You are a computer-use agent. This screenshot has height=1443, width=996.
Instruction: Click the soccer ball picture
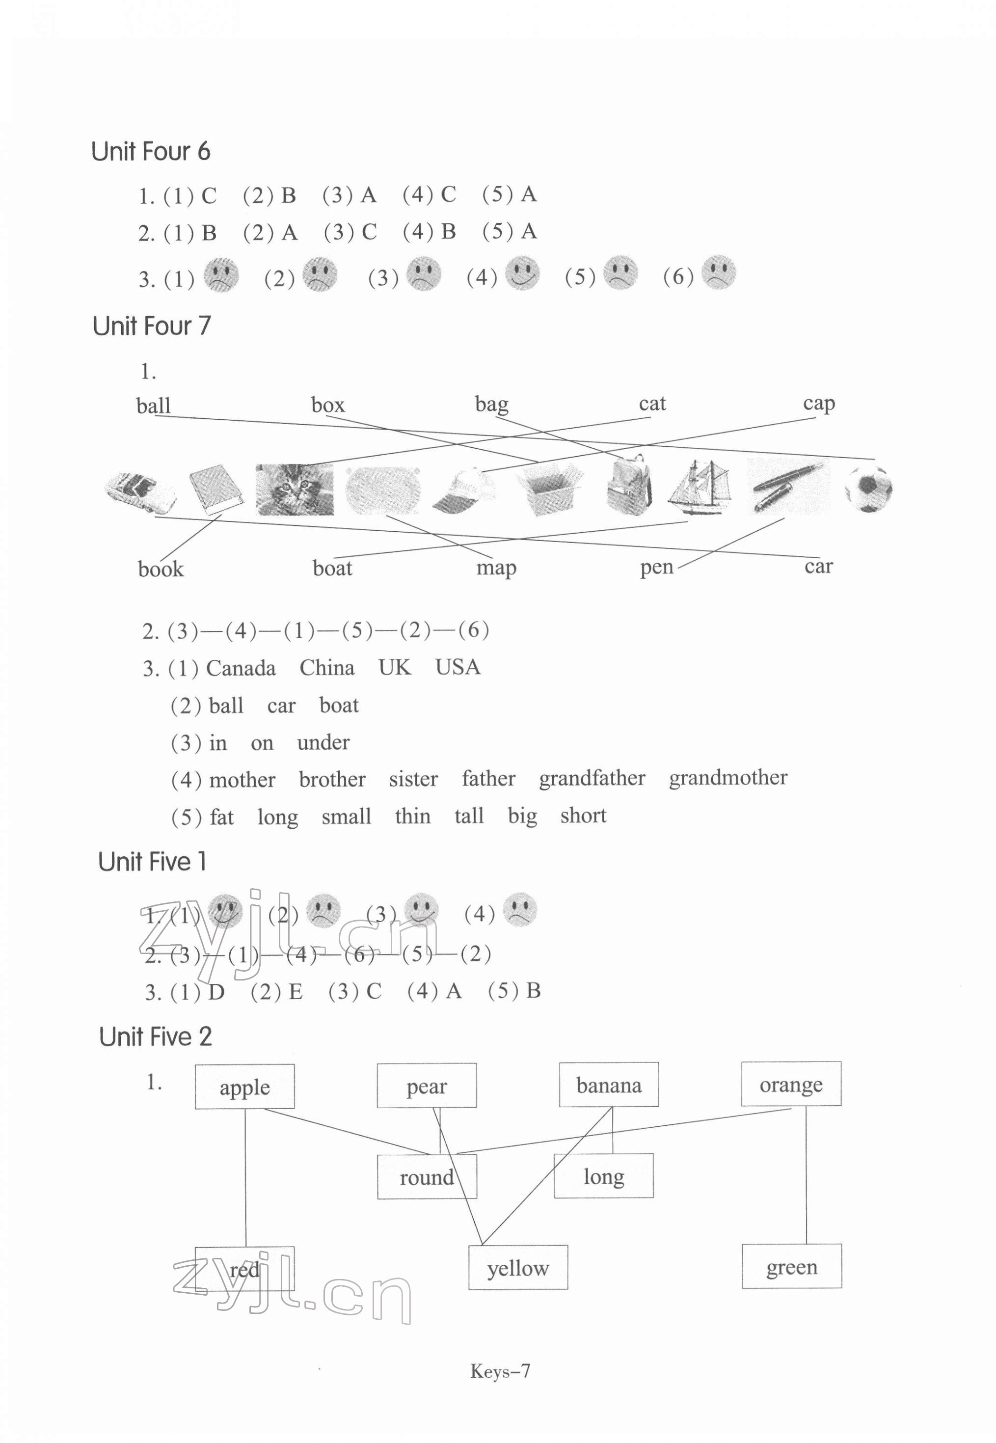(x=868, y=489)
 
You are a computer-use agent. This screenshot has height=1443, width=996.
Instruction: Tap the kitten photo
(x=294, y=490)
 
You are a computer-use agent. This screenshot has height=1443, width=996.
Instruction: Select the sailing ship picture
(x=698, y=488)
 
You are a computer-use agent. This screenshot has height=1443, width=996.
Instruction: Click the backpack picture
(x=629, y=485)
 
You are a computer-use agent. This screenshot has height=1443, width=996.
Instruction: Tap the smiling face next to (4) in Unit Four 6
(x=522, y=273)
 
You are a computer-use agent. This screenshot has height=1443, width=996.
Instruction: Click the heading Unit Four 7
(x=152, y=326)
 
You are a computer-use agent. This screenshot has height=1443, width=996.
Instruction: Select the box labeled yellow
(x=518, y=1268)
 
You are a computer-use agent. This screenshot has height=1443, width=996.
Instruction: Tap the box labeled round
(x=427, y=1177)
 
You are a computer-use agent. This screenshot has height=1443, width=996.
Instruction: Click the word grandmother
(x=727, y=778)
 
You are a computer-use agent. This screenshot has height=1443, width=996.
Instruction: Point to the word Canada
(x=241, y=668)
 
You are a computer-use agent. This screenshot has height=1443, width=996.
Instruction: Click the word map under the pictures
(x=496, y=568)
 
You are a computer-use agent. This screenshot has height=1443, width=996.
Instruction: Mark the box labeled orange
(x=791, y=1085)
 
